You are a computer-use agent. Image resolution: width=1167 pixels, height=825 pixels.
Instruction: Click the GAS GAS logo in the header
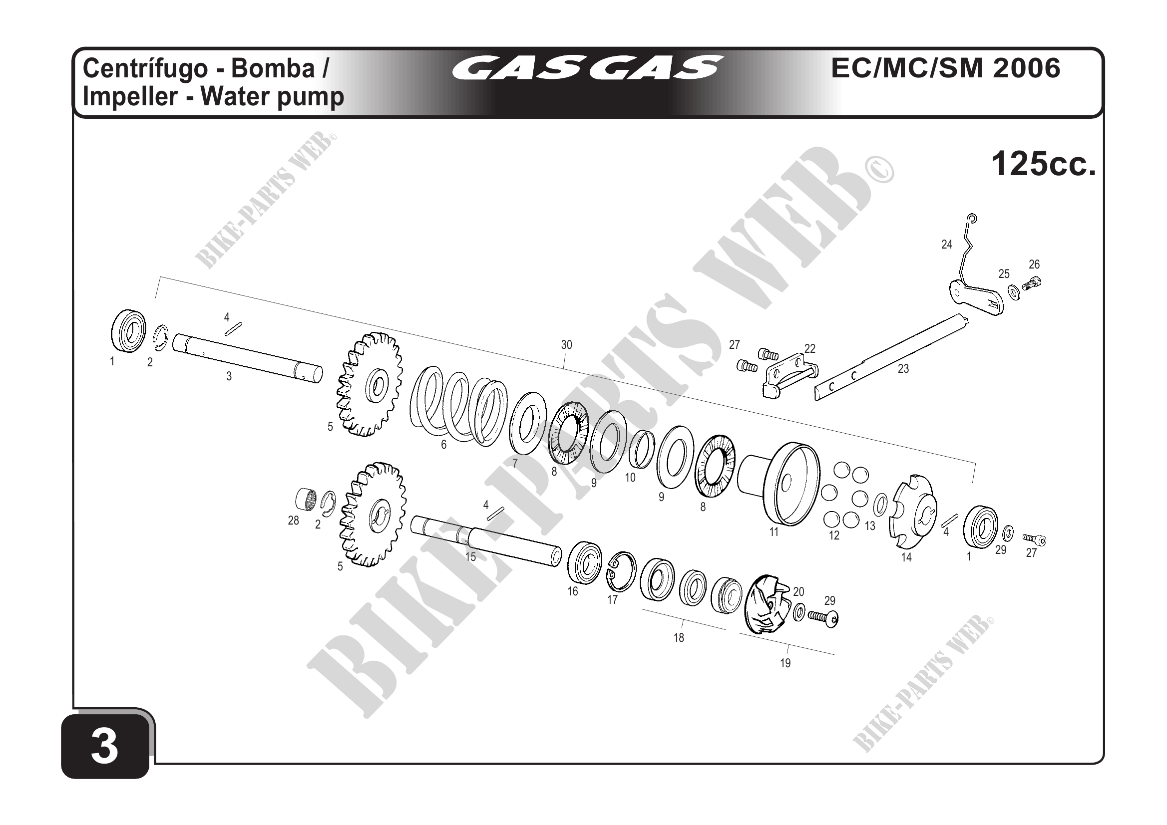(587, 67)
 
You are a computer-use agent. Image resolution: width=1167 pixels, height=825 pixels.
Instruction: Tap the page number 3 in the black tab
(105, 746)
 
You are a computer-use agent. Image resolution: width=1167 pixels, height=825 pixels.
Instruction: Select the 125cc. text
(1044, 164)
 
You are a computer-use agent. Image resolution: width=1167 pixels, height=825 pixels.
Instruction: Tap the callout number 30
(566, 345)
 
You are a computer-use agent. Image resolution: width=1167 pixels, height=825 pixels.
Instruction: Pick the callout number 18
(679, 637)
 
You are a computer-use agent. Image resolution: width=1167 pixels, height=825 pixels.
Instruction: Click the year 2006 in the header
(1026, 68)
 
